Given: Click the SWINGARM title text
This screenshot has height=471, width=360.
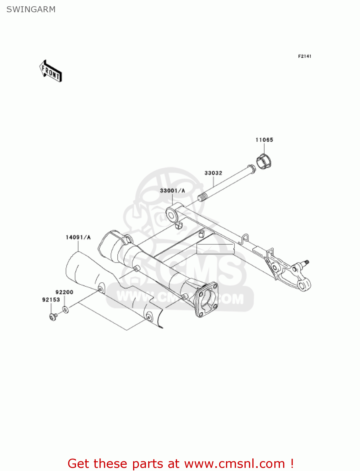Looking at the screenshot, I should pyautogui.click(x=31, y=9).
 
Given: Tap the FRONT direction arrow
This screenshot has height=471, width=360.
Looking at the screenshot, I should pyautogui.click(x=51, y=71).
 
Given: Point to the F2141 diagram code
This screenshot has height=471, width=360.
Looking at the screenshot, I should pyautogui.click(x=304, y=56).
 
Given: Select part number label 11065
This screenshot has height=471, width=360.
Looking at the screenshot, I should pyautogui.click(x=264, y=140).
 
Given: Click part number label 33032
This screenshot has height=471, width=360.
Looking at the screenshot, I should pyautogui.click(x=213, y=173).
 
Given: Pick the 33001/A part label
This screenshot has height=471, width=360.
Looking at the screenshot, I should pyautogui.click(x=173, y=191).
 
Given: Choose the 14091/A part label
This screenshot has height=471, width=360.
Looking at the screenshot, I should pyautogui.click(x=78, y=237).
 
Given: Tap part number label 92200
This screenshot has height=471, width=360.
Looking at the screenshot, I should pyautogui.click(x=64, y=292).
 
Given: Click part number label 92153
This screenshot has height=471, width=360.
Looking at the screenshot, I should pyautogui.click(x=51, y=300).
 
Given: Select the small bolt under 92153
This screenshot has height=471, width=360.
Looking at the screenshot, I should pyautogui.click(x=53, y=317).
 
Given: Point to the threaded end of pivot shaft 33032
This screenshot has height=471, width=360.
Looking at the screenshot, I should pyautogui.click(x=203, y=198).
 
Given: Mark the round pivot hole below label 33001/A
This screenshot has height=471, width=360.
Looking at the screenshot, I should pyautogui.click(x=172, y=215).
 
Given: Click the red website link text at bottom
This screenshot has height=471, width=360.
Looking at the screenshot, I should pyautogui.click(x=180, y=463).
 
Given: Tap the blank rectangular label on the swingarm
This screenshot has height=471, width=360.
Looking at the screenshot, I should pyautogui.click(x=215, y=249).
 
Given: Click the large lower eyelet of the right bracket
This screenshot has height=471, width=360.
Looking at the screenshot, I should pyautogui.click(x=303, y=285).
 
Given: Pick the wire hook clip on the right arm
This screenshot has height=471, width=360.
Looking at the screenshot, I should pyautogui.click(x=245, y=238).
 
